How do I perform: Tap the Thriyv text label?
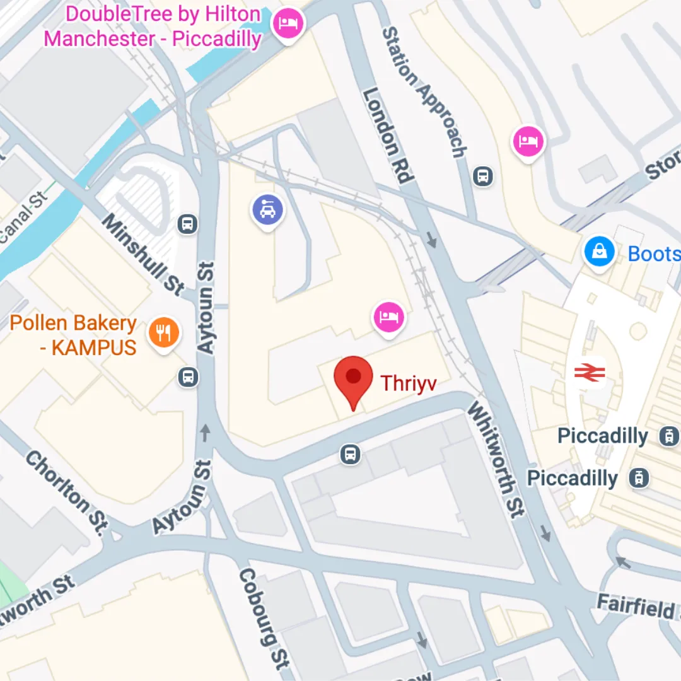[x=409, y=383]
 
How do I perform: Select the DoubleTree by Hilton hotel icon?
[x=288, y=24]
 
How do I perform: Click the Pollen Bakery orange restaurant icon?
[x=164, y=332]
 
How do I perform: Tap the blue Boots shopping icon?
[x=599, y=252]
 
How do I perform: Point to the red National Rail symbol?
[x=590, y=373]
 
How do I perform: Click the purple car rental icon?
[x=268, y=211]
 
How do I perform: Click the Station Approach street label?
[x=425, y=92]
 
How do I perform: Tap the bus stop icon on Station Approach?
[x=483, y=176]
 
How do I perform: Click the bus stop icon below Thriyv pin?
[x=350, y=453]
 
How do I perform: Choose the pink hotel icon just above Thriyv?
[x=389, y=315]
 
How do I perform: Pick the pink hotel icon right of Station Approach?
[x=528, y=141]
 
